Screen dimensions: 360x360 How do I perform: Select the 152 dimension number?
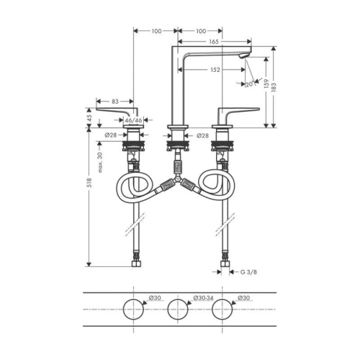point(215,70)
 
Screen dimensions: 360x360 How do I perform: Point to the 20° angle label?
point(249,85)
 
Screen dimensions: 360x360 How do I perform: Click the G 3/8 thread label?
point(247,271)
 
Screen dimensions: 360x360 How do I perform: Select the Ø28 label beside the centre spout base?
point(202,135)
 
